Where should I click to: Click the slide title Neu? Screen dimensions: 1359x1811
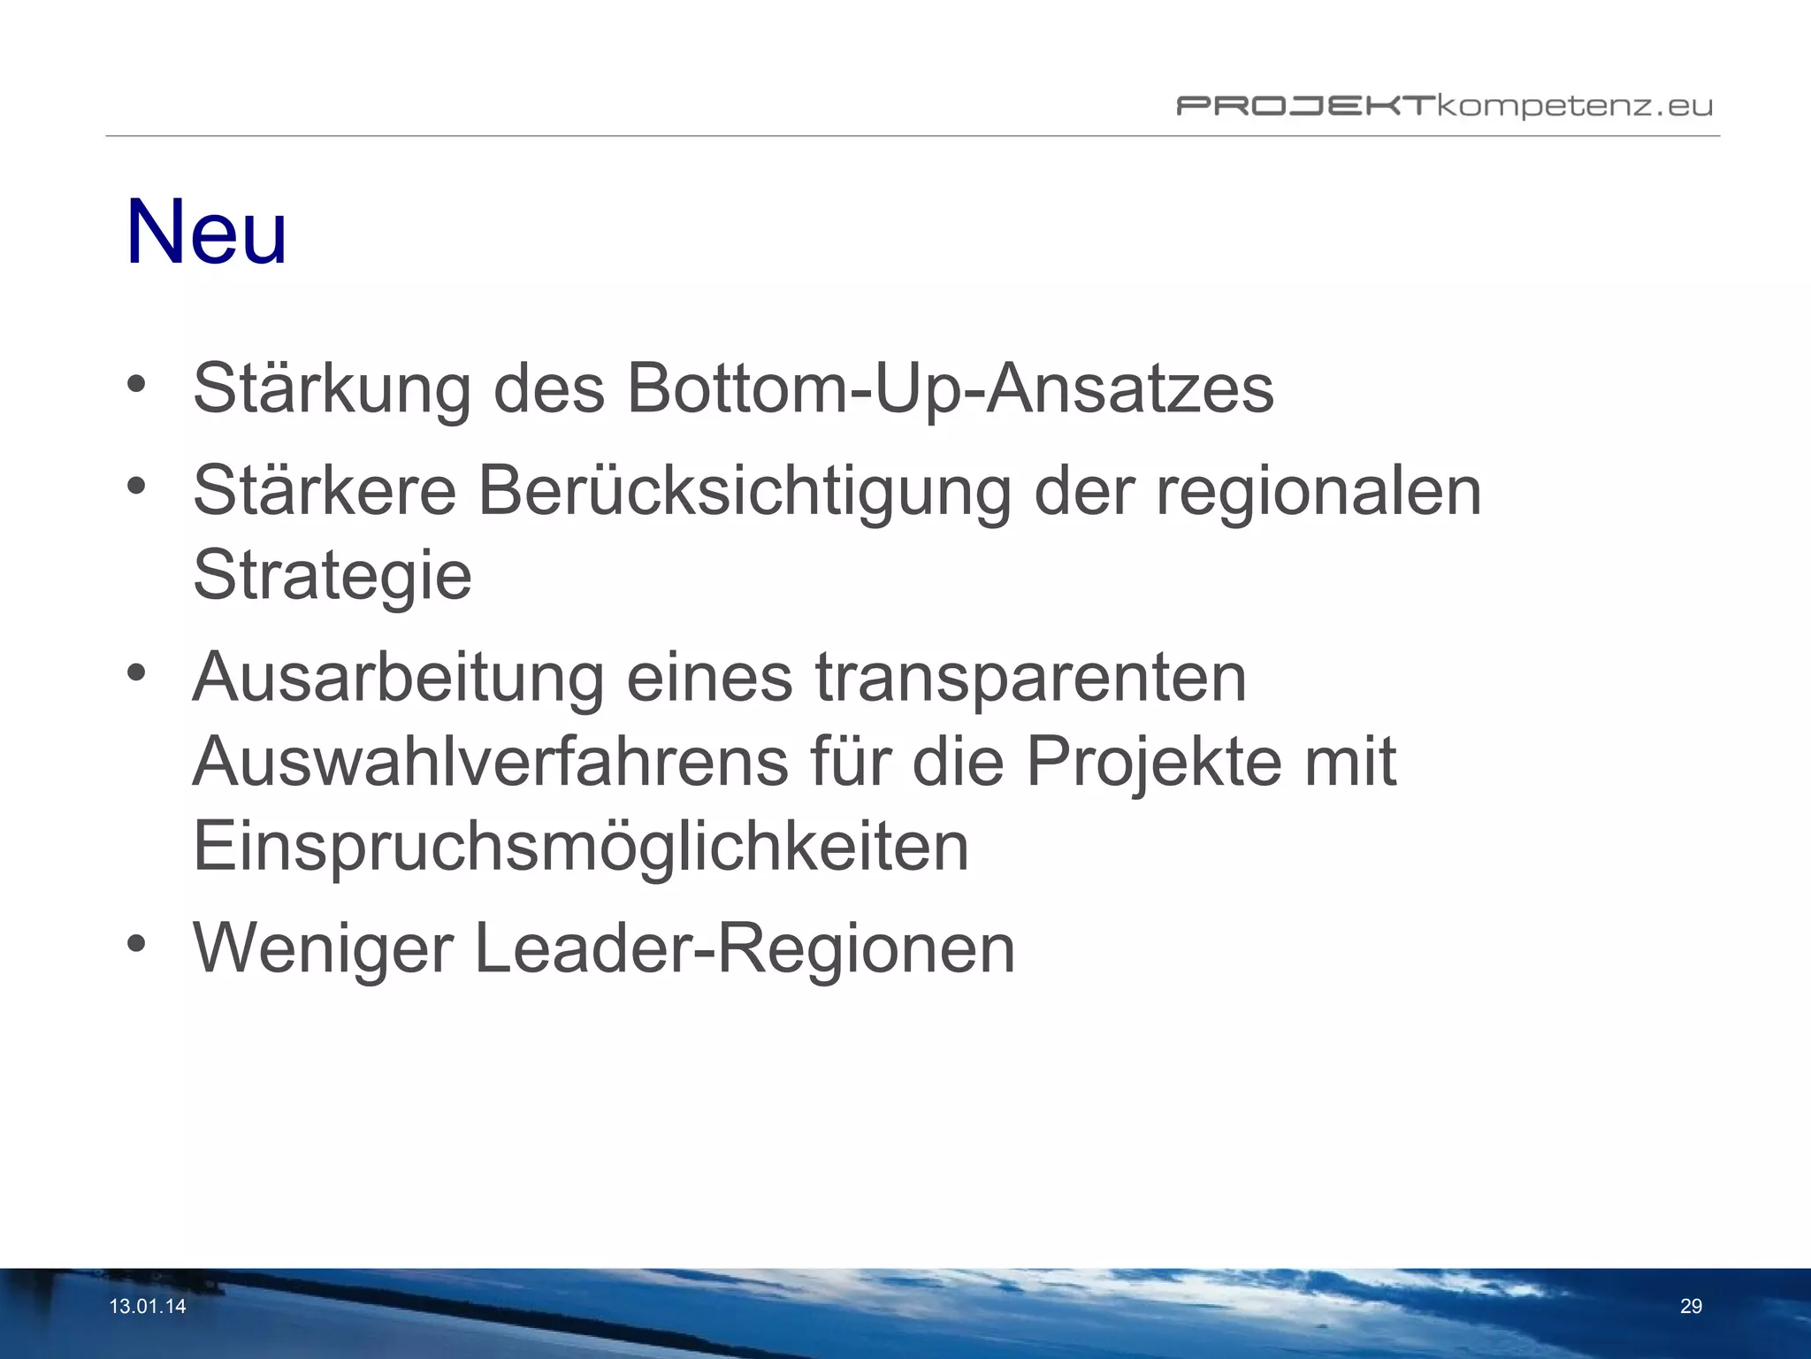[x=206, y=232]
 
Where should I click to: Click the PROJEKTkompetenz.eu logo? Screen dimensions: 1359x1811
[x=1443, y=107]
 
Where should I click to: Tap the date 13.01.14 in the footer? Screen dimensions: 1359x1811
[x=148, y=1307]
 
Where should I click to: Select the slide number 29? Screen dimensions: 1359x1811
[x=1691, y=1307]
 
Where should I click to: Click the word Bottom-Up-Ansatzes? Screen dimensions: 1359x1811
[x=950, y=389]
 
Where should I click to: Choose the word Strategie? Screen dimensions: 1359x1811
[x=332, y=576]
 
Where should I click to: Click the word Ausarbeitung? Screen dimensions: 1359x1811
[x=398, y=678]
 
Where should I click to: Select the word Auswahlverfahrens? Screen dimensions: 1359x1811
[x=490, y=762]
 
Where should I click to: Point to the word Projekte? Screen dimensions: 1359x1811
[x=1153, y=762]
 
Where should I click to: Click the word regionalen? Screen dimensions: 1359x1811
[x=1318, y=492]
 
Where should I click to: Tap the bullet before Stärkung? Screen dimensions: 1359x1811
[x=135, y=384]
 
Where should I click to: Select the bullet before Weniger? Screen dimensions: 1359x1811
[x=135, y=943]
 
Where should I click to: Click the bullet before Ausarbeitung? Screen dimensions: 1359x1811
[x=135, y=672]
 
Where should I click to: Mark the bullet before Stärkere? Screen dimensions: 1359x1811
[x=135, y=486]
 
